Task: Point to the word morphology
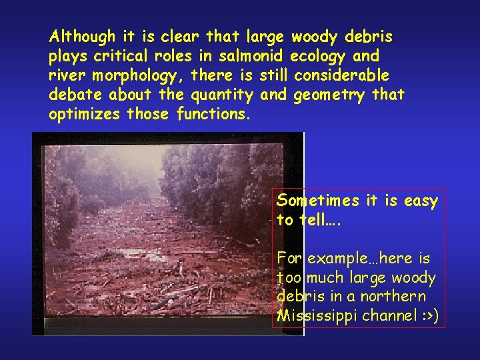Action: pos(130,75)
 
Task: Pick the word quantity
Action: pos(222,95)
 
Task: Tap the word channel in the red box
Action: pos(384,315)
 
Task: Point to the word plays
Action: pos(67,55)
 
